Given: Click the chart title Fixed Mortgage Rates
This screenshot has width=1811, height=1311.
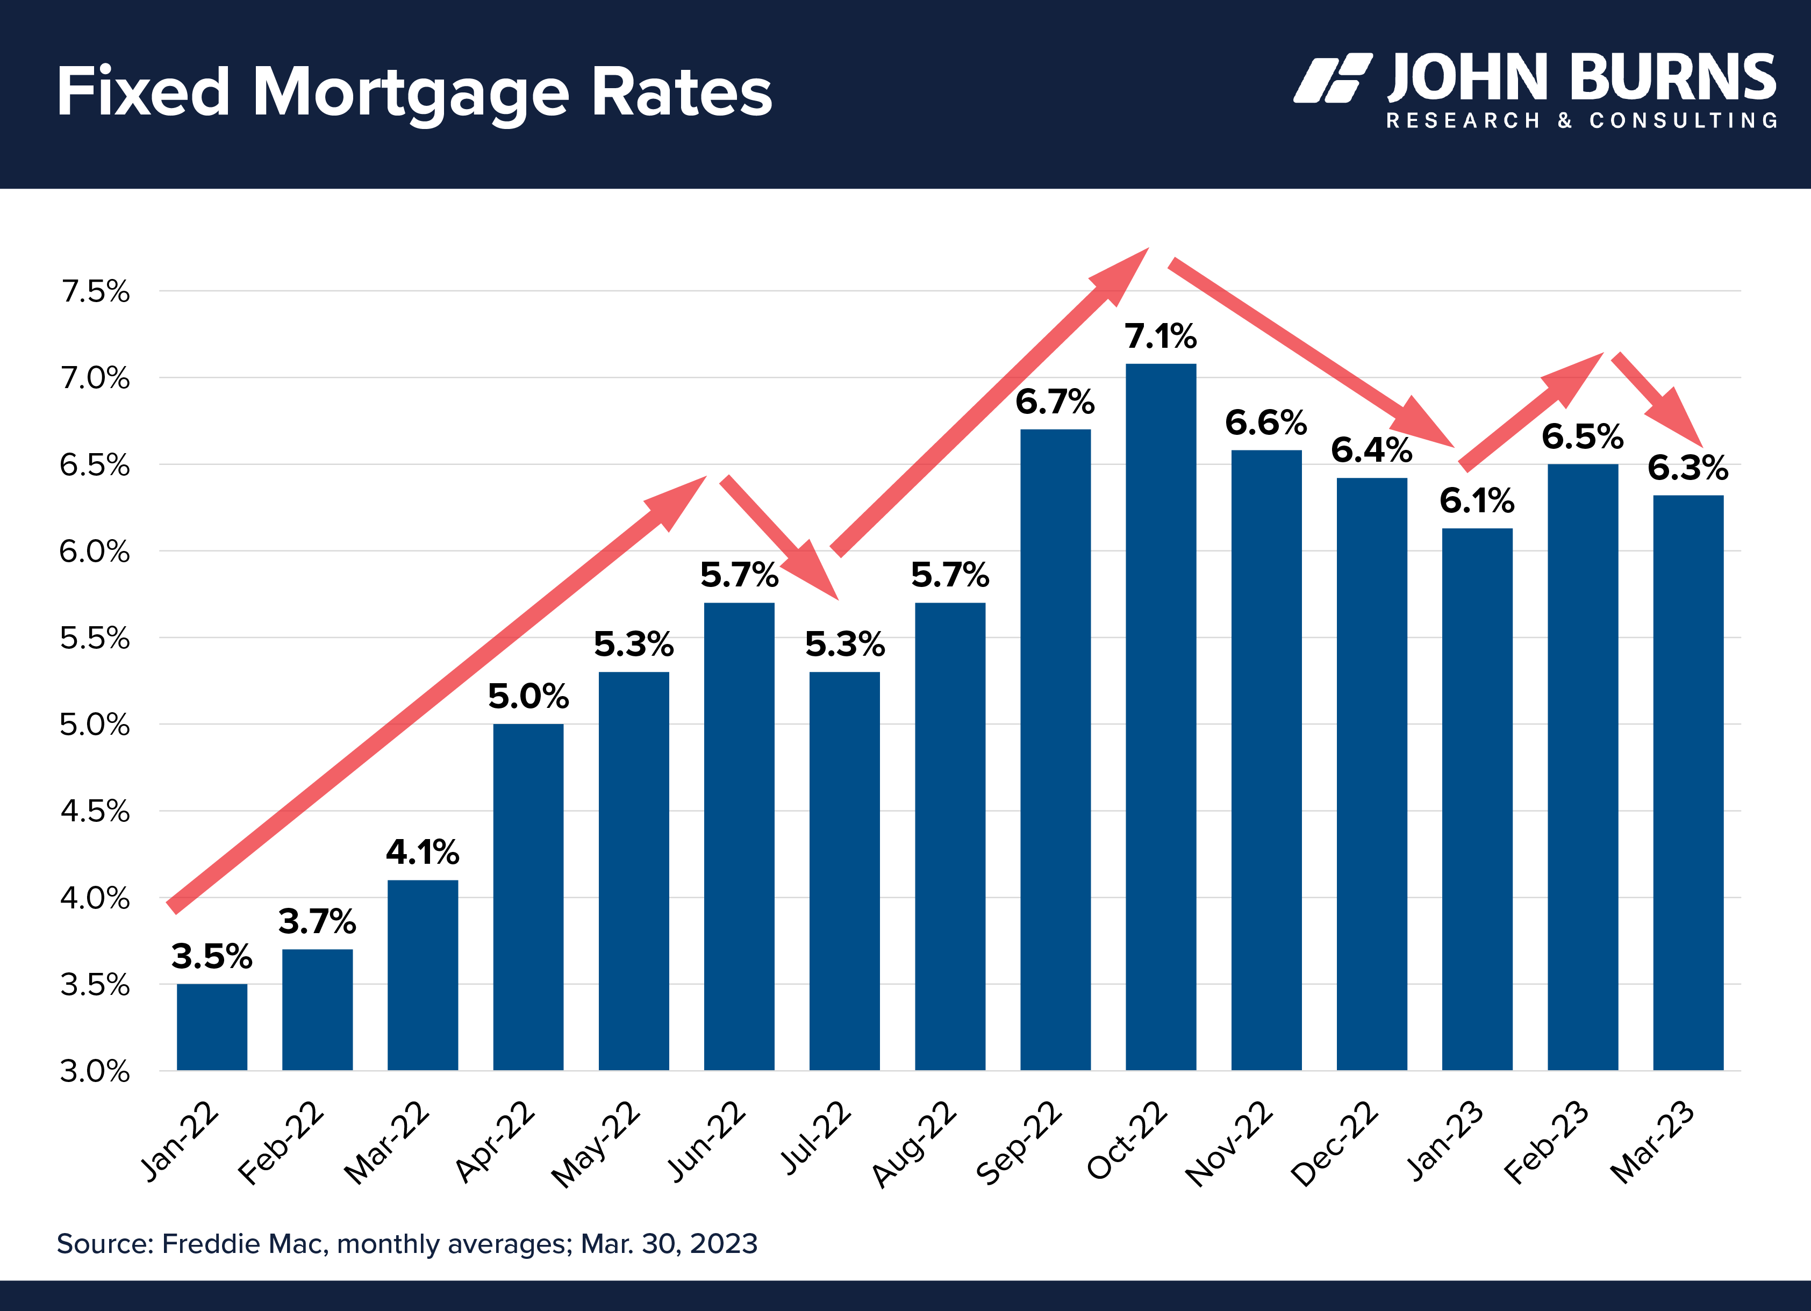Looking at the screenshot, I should (413, 92).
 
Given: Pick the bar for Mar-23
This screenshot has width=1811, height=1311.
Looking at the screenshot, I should (1687, 783).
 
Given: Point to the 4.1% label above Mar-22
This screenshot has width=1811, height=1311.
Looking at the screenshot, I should (423, 852).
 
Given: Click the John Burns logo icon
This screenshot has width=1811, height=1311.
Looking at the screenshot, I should (1333, 78).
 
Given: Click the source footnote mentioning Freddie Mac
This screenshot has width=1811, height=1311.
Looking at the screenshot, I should (406, 1244).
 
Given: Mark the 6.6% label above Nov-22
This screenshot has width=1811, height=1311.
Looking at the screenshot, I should (1265, 423).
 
